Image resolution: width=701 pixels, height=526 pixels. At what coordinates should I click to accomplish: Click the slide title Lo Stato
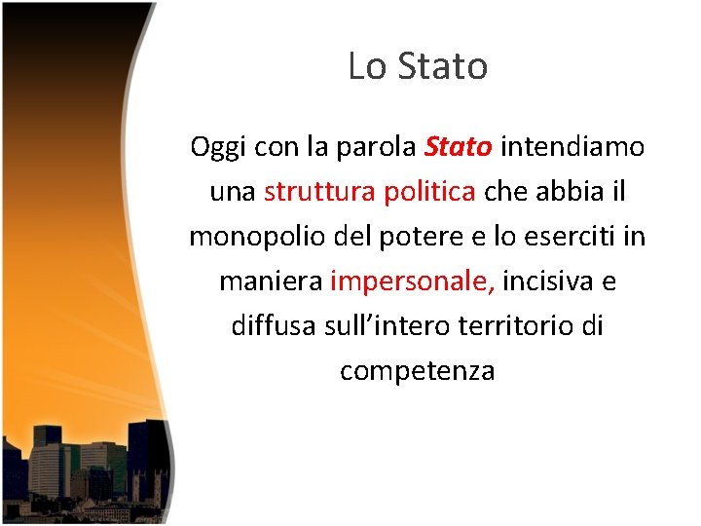pyautogui.click(x=417, y=66)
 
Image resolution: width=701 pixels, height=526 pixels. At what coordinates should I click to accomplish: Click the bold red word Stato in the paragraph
pyautogui.click(x=460, y=147)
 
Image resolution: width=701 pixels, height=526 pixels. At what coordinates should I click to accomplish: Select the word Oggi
pyautogui.click(x=218, y=147)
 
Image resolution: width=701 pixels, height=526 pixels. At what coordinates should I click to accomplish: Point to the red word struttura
pyautogui.click(x=317, y=192)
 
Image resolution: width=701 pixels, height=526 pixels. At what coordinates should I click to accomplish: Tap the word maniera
pyautogui.click(x=271, y=282)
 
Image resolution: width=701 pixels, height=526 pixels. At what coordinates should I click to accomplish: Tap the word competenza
pyautogui.click(x=417, y=371)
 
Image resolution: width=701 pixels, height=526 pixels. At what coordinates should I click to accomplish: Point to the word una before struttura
pyautogui.click(x=232, y=192)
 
